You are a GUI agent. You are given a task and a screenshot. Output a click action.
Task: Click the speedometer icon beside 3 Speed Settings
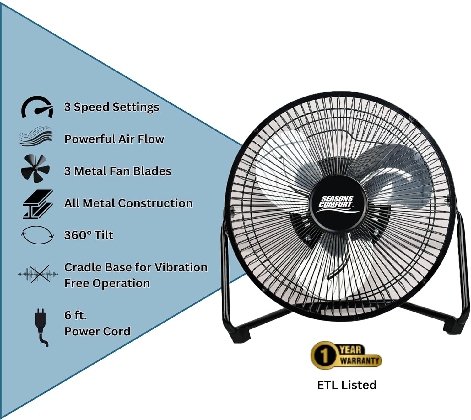(37, 107)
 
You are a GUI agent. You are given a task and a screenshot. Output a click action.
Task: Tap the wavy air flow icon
(35, 136)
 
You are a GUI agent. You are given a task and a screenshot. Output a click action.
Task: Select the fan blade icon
(35, 168)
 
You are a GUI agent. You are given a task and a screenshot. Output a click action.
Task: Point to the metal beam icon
(37, 204)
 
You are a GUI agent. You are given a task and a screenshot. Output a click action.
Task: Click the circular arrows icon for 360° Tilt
(37, 235)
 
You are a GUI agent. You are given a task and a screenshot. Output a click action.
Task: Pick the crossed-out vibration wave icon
(38, 274)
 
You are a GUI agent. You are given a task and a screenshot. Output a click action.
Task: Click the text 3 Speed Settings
(111, 107)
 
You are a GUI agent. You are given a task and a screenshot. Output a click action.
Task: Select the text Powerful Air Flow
(114, 139)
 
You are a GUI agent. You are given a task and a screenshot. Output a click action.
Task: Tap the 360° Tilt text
(89, 235)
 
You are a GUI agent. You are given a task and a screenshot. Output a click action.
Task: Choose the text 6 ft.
(75, 315)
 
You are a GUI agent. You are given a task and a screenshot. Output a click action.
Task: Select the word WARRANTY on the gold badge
(360, 361)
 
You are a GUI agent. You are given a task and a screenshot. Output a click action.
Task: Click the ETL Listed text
(347, 385)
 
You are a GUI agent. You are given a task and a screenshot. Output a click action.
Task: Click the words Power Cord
(97, 331)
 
